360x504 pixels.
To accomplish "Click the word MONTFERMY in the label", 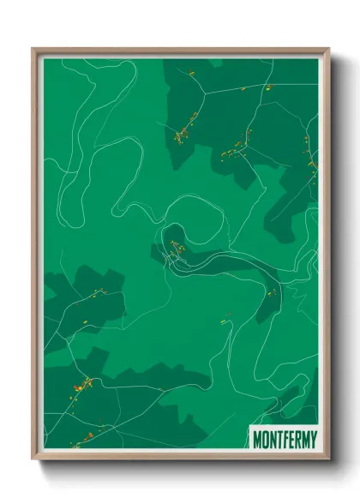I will (x=284, y=438).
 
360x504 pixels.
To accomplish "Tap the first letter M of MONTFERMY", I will (x=258, y=438).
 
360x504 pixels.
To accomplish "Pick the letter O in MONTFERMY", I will (x=266, y=438).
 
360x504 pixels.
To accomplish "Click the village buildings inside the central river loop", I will (x=175, y=251).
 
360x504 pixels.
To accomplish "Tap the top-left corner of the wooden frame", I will (x=34, y=50).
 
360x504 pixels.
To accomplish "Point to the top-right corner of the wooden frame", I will (x=328, y=50).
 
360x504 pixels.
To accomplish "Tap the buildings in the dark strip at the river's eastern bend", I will (x=273, y=292).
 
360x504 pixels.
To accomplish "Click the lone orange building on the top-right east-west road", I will (x=267, y=87).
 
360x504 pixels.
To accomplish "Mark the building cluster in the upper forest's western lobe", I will (x=183, y=132).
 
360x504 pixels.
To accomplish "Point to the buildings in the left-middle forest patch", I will (x=96, y=293).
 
